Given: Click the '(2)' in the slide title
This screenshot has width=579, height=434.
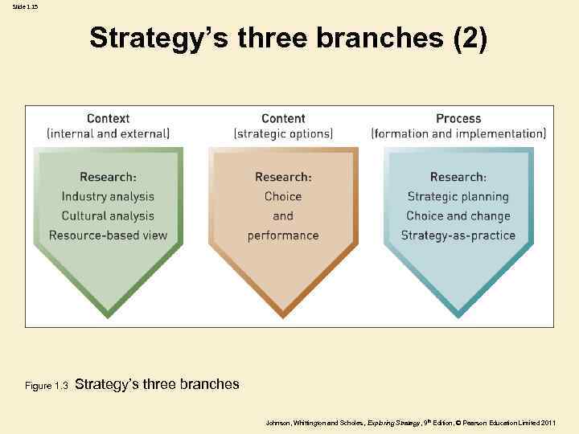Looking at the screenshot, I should pos(470,38).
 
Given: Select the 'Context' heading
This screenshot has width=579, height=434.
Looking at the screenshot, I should pos(108,118).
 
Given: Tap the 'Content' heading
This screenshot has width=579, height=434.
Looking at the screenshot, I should pos(283,118).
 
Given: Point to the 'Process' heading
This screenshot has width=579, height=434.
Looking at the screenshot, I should pos(458,118).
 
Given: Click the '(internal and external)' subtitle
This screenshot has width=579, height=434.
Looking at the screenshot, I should pos(108,133).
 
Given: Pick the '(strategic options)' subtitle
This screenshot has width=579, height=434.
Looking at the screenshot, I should pos(283,133).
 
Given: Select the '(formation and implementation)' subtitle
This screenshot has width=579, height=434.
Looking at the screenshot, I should pos(458,133).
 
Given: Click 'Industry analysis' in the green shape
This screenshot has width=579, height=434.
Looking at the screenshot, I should pos(108,196).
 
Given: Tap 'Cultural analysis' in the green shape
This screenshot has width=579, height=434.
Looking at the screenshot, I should pos(108,215).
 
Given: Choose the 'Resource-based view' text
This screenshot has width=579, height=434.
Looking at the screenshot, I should pos(108,235).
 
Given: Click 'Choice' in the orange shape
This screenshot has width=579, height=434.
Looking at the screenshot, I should pos(283,196).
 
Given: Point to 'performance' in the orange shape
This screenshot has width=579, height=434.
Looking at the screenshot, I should pos(283,235).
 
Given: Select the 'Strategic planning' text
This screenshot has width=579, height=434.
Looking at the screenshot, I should pos(458,196).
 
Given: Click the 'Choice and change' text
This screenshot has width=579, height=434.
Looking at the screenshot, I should pos(458,215).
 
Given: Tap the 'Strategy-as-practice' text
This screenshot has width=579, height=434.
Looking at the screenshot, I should pos(458,235).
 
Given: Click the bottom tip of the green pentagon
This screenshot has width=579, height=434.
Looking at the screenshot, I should pos(108,316).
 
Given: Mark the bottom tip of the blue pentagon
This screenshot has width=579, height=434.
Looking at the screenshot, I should pos(458,316).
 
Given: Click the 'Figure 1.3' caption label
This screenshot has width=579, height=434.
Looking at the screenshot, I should pos(47,386).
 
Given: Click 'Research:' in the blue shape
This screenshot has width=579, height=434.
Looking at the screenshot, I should pos(458,177).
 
